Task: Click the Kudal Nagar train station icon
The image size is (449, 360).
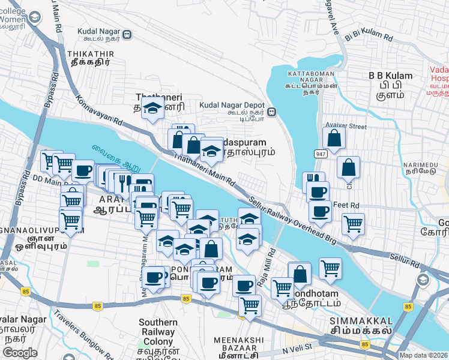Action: tap(127, 35)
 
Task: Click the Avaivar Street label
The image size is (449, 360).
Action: tap(345, 126)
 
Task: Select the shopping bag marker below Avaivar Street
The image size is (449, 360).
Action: tap(348, 168)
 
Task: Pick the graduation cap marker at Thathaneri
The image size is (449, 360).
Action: tap(153, 109)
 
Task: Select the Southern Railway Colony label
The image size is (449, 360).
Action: tap(158, 332)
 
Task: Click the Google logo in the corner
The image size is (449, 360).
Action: tap(20, 353)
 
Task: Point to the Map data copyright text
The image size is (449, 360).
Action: tap(423, 355)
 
